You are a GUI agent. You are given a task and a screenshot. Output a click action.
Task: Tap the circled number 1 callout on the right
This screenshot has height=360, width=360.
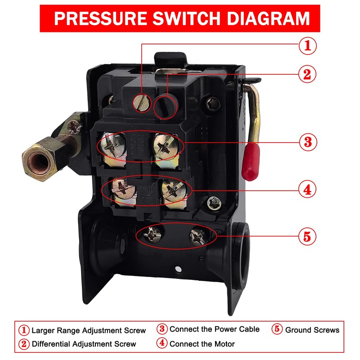click(x=307, y=45)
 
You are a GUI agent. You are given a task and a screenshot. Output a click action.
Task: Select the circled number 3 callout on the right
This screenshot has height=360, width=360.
click(x=307, y=142)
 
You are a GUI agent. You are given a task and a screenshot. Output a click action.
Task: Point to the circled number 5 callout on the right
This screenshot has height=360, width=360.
click(x=307, y=236)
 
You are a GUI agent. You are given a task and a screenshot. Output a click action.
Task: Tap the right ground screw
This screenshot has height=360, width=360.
click(x=198, y=234)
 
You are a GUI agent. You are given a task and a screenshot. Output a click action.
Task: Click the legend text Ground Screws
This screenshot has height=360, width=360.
click(x=312, y=330)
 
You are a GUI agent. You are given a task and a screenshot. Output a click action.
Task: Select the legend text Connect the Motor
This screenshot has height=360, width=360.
click(x=202, y=344)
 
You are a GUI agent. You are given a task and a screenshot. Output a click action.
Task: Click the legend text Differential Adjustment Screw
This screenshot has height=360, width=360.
click(x=84, y=344)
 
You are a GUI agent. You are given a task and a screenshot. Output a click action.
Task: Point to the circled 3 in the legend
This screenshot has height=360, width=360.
click(x=162, y=329)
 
